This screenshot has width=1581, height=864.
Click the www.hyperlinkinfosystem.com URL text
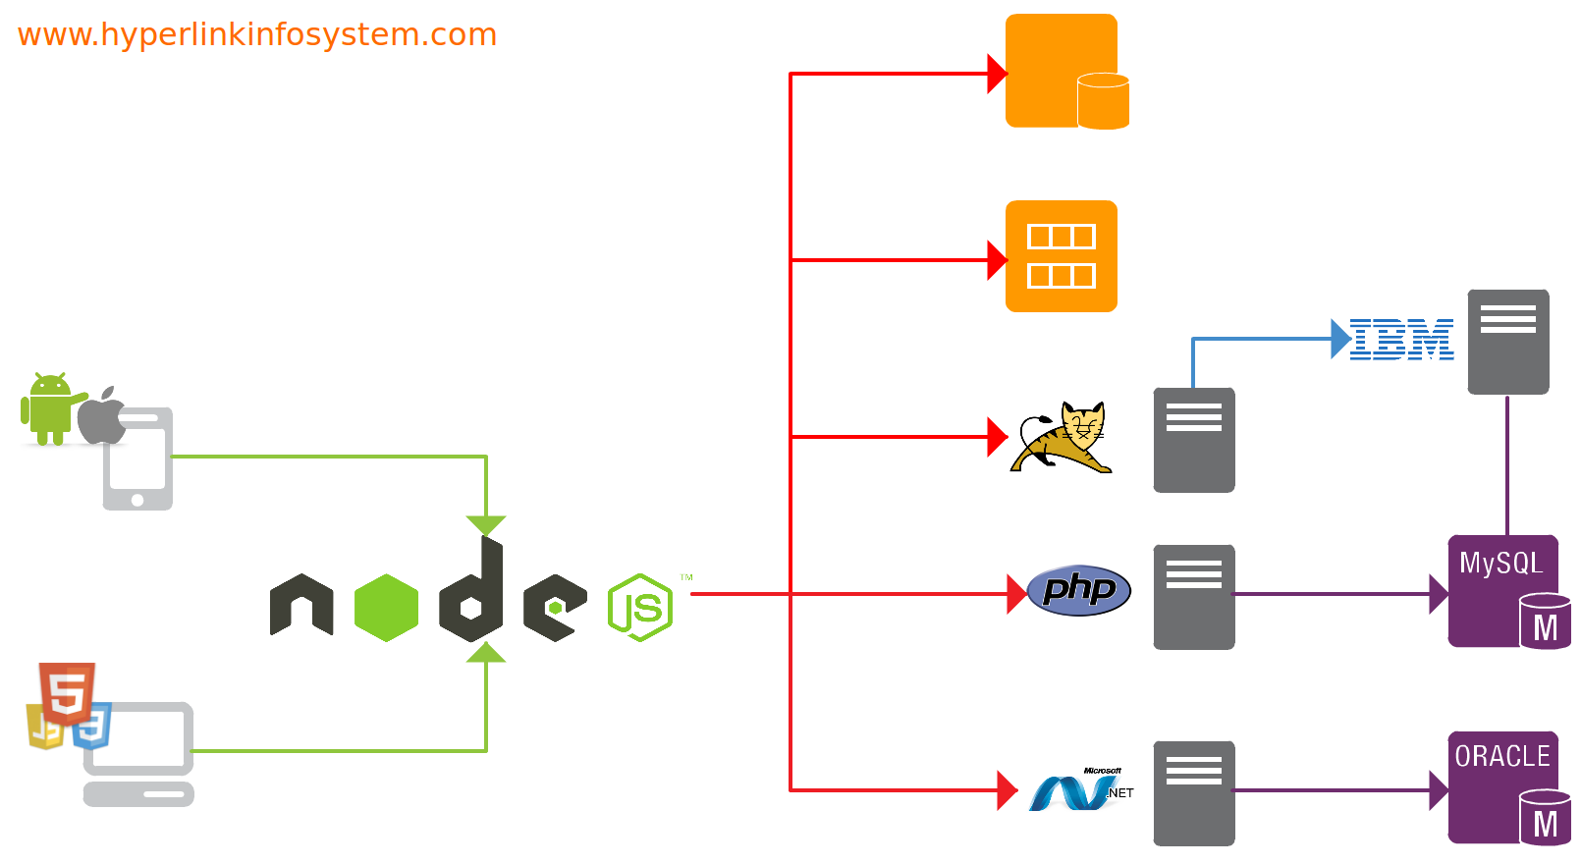click(257, 35)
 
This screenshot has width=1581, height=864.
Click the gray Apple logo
click(102, 416)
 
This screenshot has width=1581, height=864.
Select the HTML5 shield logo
click(67, 693)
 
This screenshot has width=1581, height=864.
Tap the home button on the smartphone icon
click(137, 500)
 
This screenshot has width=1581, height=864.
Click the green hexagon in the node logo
click(386, 608)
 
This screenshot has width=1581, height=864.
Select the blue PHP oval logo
click(1078, 590)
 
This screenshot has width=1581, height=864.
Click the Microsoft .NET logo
click(1080, 789)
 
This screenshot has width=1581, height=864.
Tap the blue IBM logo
click(1401, 340)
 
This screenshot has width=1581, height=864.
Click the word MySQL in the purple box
click(1500, 564)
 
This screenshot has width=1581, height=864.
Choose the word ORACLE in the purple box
click(1502, 757)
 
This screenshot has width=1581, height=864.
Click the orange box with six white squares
click(1061, 256)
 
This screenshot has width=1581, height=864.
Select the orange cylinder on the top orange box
click(1103, 101)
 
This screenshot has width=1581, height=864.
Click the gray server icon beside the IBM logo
click(1508, 342)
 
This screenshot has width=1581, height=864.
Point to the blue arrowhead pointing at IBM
click(1340, 339)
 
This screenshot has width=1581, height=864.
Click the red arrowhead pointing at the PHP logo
click(1016, 594)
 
